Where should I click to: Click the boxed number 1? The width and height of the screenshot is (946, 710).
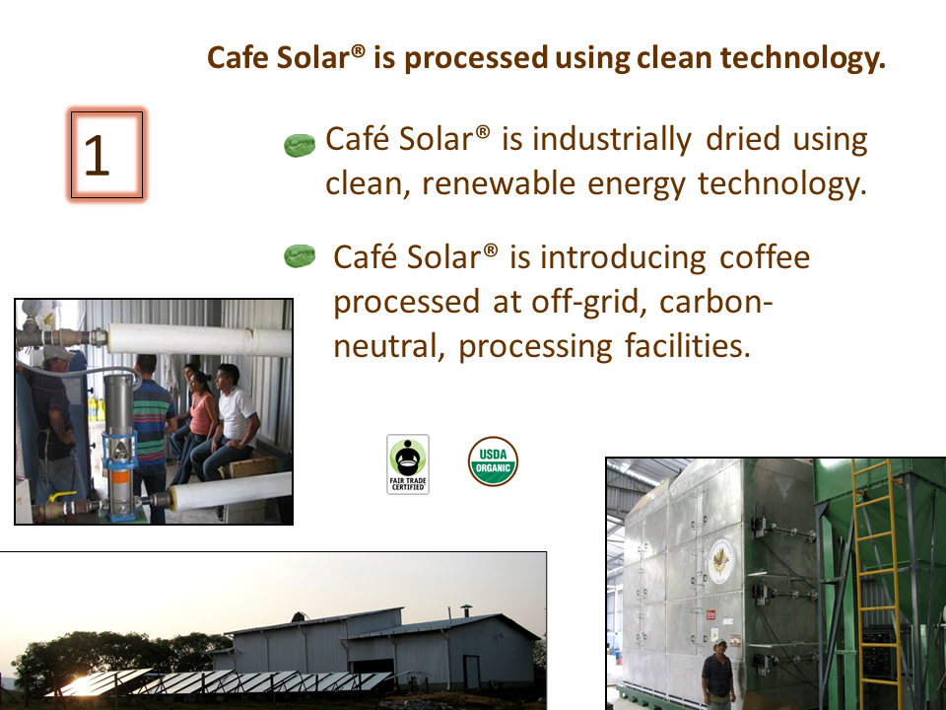pos(106,155)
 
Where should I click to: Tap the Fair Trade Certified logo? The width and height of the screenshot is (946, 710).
pos(408,464)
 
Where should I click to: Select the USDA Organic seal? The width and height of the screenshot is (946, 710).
pos(493,461)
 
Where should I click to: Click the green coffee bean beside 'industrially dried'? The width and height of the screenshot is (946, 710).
pos(300,145)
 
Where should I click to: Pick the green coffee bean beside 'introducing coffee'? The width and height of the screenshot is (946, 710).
pos(300,256)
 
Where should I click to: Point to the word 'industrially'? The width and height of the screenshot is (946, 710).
pos(612,139)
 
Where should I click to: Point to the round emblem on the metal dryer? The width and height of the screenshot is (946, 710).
pos(720,561)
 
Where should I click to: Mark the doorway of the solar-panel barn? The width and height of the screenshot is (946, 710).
pos(471,672)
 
